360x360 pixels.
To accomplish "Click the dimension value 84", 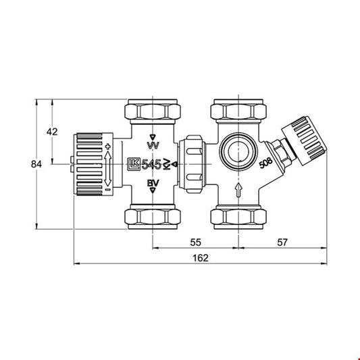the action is [x=36, y=164].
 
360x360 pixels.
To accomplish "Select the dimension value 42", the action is [x=52, y=132].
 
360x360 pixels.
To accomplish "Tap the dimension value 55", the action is [x=196, y=242].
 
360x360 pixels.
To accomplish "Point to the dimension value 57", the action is [x=282, y=242].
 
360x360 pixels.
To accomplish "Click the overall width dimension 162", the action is [x=201, y=258].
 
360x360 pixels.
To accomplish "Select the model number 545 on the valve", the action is [x=151, y=164].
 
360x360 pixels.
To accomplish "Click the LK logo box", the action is [x=134, y=164].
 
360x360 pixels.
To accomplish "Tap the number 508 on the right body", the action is [x=266, y=163].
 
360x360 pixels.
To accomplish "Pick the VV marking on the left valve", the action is [x=153, y=145].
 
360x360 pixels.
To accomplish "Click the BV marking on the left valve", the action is [x=153, y=183].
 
